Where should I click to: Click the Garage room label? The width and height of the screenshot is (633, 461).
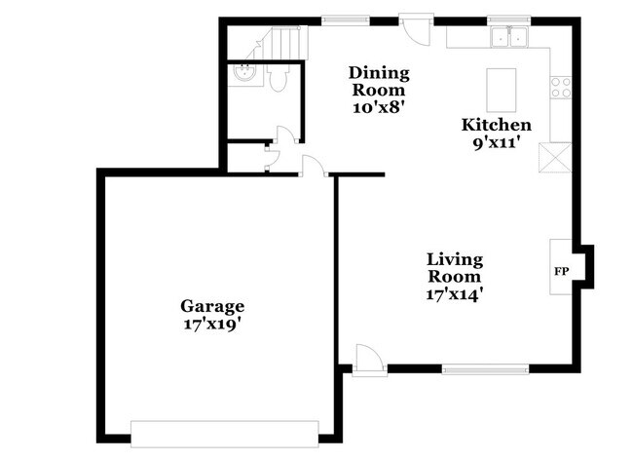tap(211, 305)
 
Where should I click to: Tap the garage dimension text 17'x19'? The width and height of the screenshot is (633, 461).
tap(211, 323)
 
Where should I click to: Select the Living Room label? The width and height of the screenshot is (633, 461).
tap(455, 267)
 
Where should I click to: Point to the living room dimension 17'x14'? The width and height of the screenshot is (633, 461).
tap(455, 292)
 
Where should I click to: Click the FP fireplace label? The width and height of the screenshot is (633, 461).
tap(562, 271)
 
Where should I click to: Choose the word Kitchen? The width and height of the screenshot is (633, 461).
tap(497, 125)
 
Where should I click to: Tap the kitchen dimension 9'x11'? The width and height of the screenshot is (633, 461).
tap(497, 141)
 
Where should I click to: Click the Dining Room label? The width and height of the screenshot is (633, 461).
tap(380, 81)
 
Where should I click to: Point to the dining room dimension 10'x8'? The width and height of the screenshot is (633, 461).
tap(380, 106)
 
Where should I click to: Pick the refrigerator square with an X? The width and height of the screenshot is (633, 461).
tap(558, 156)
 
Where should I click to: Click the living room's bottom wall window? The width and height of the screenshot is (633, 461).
tap(486, 368)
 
